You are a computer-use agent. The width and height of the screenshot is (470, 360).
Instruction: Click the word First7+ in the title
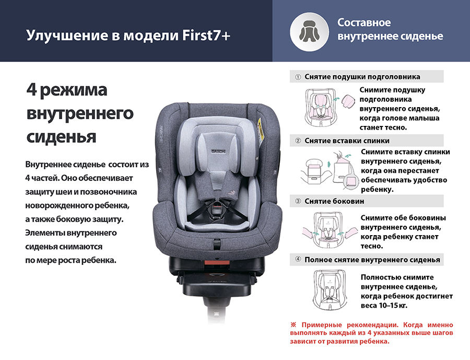(206, 36)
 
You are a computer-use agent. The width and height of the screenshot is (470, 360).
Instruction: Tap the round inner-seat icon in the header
(309, 32)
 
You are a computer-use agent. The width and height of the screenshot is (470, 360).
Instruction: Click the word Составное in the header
(364, 22)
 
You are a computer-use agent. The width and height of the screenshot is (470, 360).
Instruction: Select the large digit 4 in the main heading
(31, 89)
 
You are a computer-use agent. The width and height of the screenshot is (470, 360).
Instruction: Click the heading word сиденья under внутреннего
(61, 136)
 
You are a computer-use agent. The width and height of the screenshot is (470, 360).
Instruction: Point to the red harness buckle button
(217, 207)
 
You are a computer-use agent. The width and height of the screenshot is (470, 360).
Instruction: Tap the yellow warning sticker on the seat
(261, 130)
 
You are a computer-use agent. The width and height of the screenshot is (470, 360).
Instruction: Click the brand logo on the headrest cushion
(218, 152)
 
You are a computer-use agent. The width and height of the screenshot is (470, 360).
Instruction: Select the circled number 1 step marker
(298, 77)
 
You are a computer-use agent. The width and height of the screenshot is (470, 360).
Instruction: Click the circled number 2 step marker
(298, 141)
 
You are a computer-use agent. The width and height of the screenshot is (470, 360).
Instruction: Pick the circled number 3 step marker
(298, 201)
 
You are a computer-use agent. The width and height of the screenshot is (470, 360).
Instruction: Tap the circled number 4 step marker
(298, 259)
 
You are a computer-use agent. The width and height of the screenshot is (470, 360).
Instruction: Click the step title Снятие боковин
(334, 201)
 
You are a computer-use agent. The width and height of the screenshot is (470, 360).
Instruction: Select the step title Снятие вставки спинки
(347, 141)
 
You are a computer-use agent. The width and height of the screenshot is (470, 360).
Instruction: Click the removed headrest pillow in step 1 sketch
(348, 102)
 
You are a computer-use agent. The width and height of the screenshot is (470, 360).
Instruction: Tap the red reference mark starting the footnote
(293, 324)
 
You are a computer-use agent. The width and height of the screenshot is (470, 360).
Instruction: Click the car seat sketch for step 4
(330, 289)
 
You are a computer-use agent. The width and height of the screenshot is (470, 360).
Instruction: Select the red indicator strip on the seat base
(217, 262)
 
